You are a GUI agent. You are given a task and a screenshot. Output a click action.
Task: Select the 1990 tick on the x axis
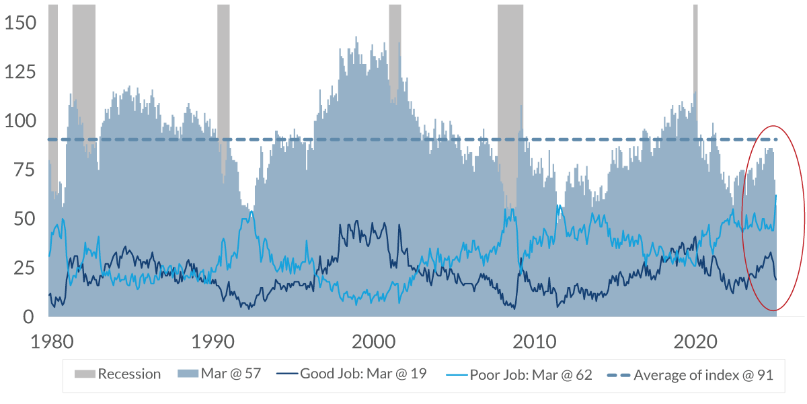click(x=212, y=341)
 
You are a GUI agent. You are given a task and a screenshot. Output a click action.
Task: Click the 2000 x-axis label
click(x=373, y=341)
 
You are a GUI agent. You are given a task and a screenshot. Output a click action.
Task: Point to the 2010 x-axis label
click(x=533, y=341)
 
